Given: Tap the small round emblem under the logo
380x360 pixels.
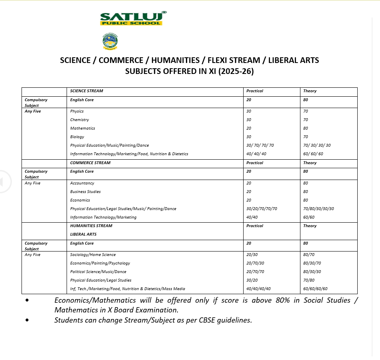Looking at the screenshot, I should pyautogui.click(x=110, y=42).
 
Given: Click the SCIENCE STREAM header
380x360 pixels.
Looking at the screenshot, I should pyautogui.click(x=86, y=91).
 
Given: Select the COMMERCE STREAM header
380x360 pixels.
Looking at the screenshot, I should pyautogui.click(x=90, y=163).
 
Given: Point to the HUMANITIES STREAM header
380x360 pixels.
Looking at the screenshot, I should pyautogui.click(x=91, y=226).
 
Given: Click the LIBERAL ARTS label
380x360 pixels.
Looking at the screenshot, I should pyautogui.click(x=83, y=234).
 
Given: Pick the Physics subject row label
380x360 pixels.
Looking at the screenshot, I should pyautogui.click(x=77, y=111).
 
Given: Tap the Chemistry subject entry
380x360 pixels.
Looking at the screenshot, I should pyautogui.click(x=79, y=120).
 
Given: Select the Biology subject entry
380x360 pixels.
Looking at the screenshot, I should pyautogui.click(x=77, y=137).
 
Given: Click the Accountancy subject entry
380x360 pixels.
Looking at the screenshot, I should pyautogui.click(x=82, y=183).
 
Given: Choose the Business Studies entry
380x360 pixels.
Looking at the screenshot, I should pyautogui.click(x=85, y=192).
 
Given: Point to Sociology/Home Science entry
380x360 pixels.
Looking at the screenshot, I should pyautogui.click(x=93, y=255).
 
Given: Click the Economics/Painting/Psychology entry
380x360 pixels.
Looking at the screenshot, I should pyautogui.click(x=100, y=263).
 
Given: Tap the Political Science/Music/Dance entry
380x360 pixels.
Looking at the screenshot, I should pyautogui.click(x=98, y=272).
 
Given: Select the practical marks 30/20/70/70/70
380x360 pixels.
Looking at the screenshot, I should pyautogui.click(x=261, y=209).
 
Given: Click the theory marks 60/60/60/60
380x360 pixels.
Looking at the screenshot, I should pyautogui.click(x=315, y=289).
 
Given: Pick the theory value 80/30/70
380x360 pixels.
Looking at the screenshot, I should pyautogui.click(x=312, y=263).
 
